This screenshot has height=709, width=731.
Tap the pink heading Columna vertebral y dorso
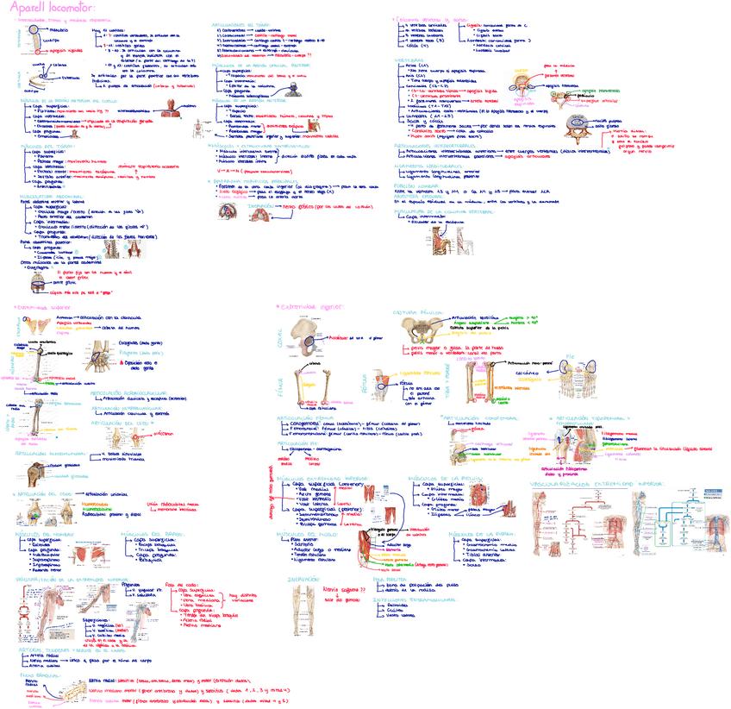coord(430,17)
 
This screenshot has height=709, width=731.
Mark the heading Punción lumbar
coord(409,184)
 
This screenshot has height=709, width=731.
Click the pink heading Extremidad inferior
coord(305,304)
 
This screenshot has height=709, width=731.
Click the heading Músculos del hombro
coord(40,534)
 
